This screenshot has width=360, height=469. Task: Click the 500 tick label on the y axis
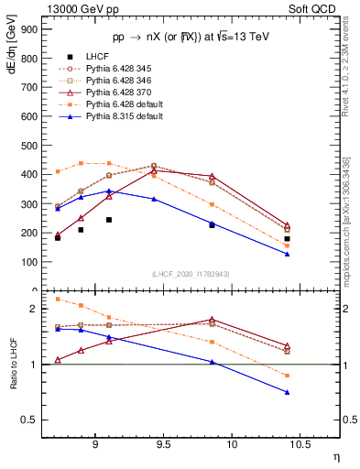[28, 145]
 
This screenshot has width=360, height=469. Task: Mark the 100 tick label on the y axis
[28, 261]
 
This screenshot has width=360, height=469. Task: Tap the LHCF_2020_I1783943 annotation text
[191, 273]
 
